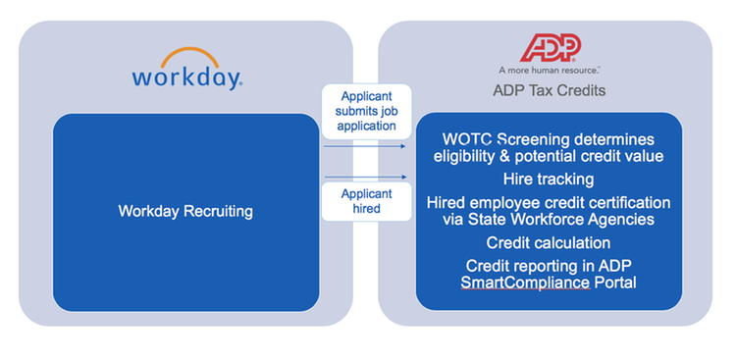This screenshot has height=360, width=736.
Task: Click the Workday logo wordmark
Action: (x=185, y=77)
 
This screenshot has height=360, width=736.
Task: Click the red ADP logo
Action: (x=550, y=47)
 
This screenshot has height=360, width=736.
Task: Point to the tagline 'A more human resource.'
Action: (x=550, y=71)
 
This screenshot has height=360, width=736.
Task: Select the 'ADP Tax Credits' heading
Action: (x=550, y=91)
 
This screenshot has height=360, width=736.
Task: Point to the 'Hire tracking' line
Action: (x=548, y=180)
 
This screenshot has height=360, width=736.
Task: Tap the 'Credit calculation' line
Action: (x=548, y=242)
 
